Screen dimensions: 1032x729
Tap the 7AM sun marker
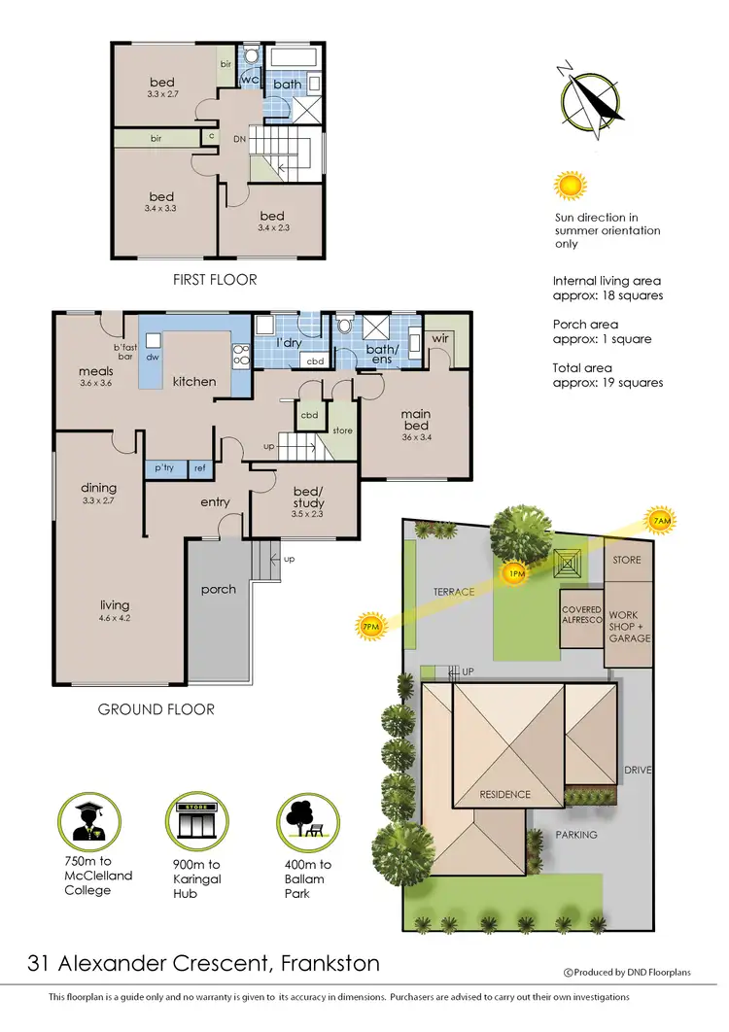point(661,522)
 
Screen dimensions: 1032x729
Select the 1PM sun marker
point(516,574)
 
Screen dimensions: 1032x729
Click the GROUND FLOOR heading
point(156,709)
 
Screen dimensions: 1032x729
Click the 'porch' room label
point(218,589)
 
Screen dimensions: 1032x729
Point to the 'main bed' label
point(416,421)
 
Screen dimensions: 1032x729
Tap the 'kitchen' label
point(194,381)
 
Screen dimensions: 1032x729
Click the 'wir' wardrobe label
point(439,339)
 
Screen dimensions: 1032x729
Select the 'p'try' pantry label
point(162,469)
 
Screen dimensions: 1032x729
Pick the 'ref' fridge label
point(199,469)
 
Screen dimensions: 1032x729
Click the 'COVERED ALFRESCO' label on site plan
point(582,616)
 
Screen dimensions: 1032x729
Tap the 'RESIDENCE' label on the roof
point(504,794)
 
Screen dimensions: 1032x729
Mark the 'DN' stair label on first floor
point(238,140)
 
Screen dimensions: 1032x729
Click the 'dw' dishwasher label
point(152,357)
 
